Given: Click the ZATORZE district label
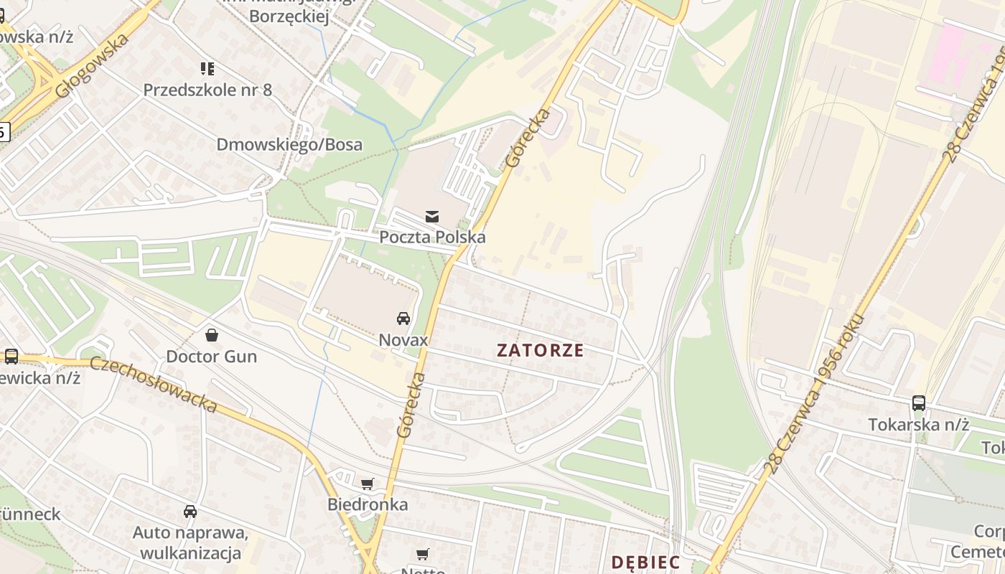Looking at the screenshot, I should [541, 350].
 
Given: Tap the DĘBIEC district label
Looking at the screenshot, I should [645, 562].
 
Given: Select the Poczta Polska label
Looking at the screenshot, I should [432, 237].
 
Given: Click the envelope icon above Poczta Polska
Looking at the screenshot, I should [432, 216].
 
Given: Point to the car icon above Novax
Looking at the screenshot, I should [403, 319].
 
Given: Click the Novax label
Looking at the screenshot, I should [403, 339].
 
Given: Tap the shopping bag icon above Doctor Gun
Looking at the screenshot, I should [212, 335].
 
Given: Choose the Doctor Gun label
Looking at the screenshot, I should [212, 356].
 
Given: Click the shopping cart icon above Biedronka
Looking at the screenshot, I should [368, 484].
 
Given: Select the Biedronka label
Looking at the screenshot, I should [368, 504].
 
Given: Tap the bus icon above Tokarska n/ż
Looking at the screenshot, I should [919, 403].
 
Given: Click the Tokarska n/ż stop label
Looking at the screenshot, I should [919, 424].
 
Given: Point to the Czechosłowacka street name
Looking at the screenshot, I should [154, 384].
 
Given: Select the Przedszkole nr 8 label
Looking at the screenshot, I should [207, 90].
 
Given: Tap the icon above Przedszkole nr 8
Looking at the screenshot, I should [207, 69].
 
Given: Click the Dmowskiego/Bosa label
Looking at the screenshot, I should [289, 144].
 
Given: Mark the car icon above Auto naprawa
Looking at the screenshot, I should [190, 512].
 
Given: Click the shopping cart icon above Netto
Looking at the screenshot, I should [423, 554].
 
